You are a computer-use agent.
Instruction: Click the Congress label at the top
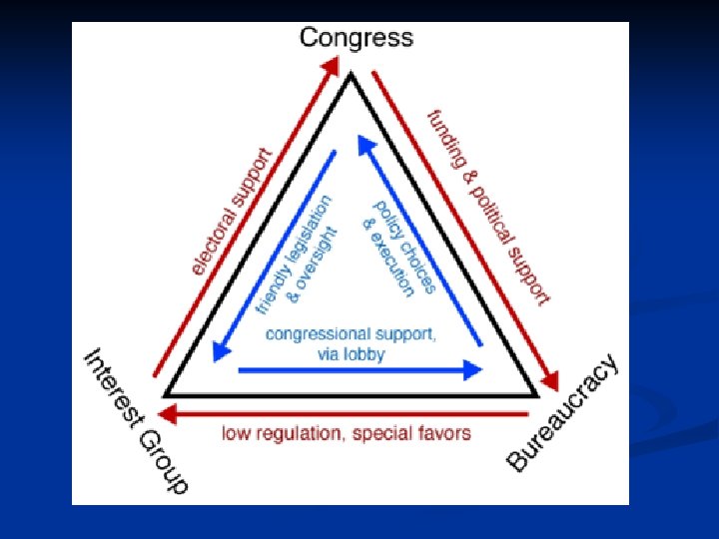(x=356, y=39)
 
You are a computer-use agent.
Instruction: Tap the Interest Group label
(x=135, y=420)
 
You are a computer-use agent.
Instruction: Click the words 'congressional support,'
(x=350, y=334)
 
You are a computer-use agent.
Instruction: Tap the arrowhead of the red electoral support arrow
(x=331, y=67)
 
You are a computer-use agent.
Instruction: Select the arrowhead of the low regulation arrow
(x=169, y=413)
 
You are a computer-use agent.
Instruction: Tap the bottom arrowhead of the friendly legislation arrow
(x=215, y=353)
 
